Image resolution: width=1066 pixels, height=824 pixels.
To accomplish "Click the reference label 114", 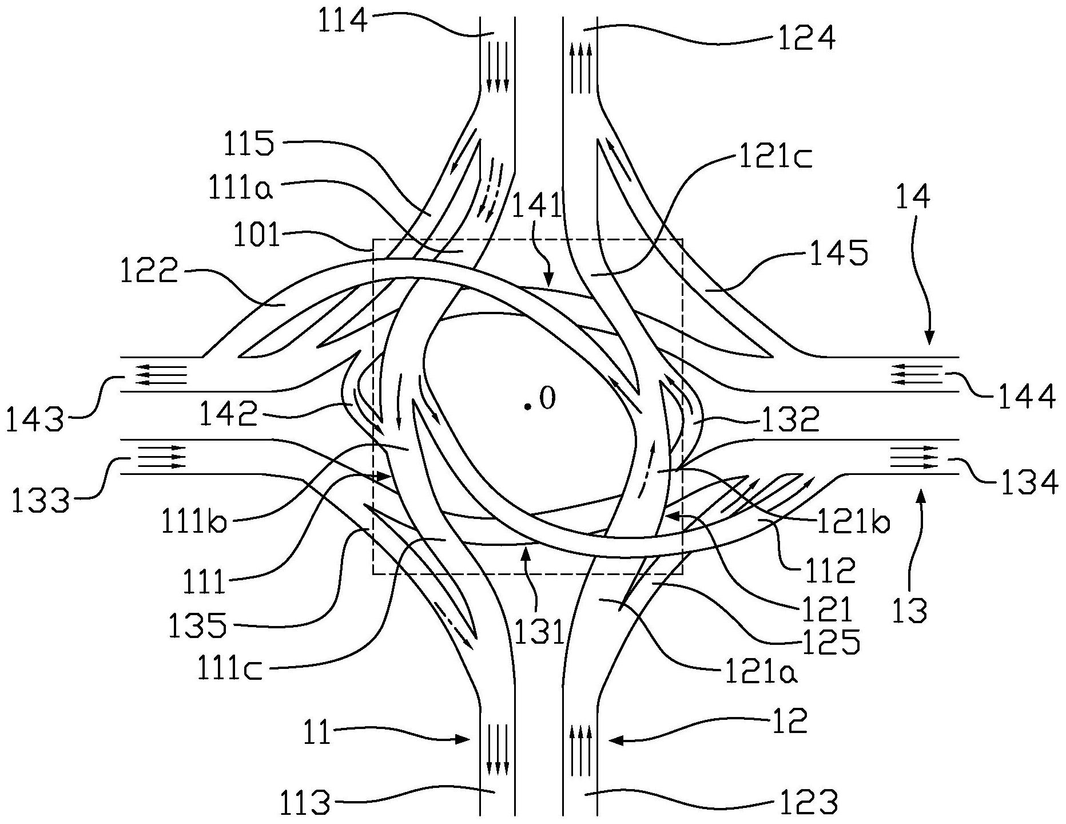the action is [343, 21].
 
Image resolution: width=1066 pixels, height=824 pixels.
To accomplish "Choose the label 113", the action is [305, 803].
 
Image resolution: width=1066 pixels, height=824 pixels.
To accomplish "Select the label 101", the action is [257, 236].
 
